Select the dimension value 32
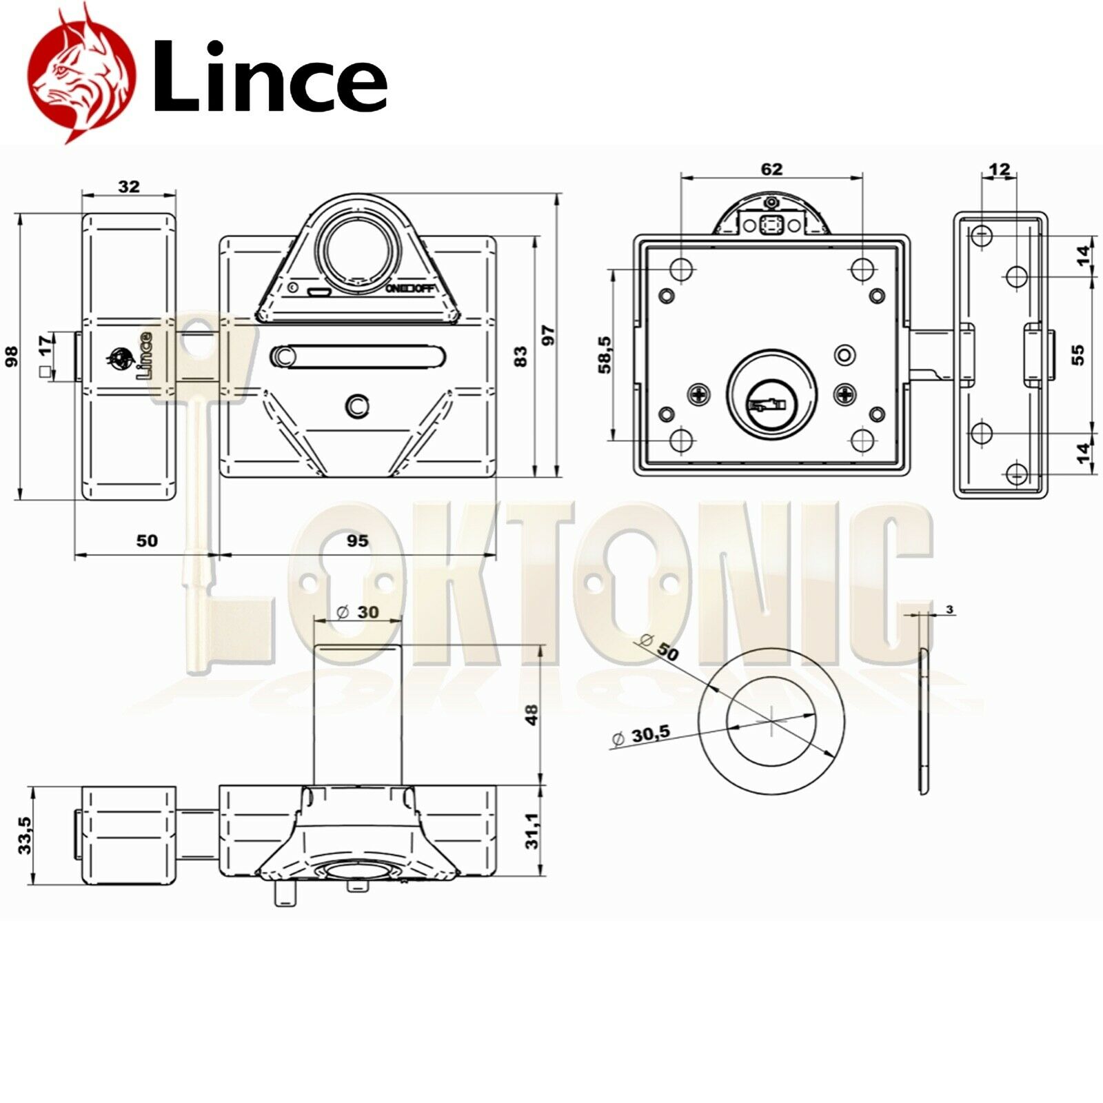[x=129, y=186]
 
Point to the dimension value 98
[x=12, y=356]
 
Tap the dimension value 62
[x=771, y=169]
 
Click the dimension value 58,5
[x=605, y=354]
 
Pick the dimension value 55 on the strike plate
[x=1078, y=354]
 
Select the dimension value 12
[x=999, y=168]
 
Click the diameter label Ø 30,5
[x=641, y=736]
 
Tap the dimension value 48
[x=532, y=714]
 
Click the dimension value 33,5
[x=25, y=835]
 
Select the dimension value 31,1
[x=532, y=830]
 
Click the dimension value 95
[x=357, y=540]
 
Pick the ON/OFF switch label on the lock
[x=410, y=288]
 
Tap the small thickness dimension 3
[x=950, y=609]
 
